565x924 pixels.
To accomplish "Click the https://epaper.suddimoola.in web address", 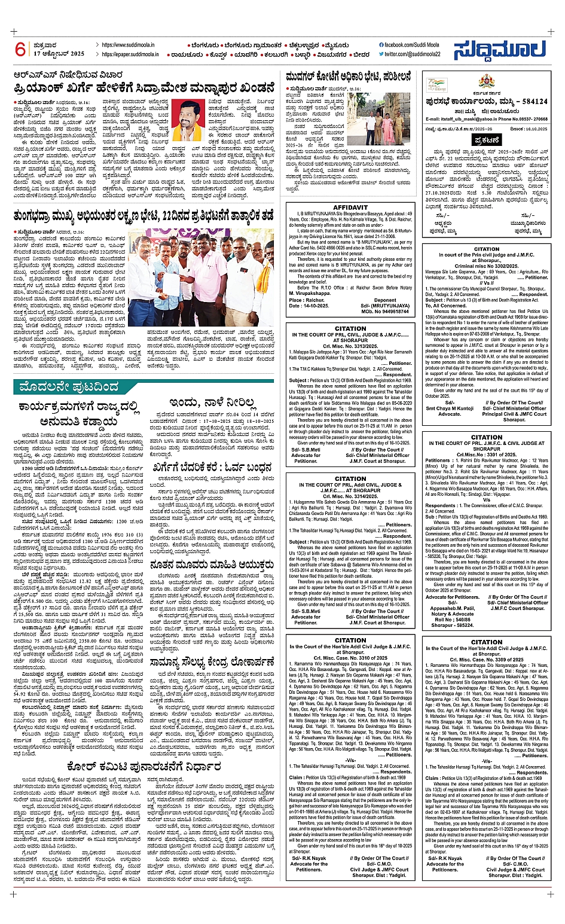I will pyautogui.click(x=130, y=54).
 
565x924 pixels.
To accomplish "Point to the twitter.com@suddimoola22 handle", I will pyautogui.click(x=412, y=54).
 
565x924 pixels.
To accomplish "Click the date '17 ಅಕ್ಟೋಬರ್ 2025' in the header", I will pyautogui.click(x=59, y=54).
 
